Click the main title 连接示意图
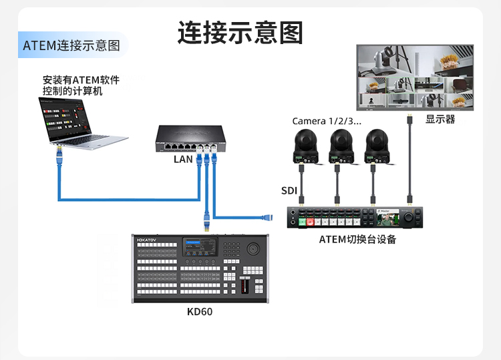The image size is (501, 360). coord(240,32)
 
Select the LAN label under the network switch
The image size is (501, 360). coord(183,159)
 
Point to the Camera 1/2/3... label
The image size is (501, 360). coord(327,121)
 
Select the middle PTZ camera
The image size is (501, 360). coord(341,147)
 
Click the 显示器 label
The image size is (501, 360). coord(440,119)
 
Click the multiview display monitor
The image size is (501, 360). coord(415,77)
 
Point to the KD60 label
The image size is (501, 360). coord(200,311)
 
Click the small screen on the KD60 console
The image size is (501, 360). coord(201,248)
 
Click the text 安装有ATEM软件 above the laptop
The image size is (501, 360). coord(81,80)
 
